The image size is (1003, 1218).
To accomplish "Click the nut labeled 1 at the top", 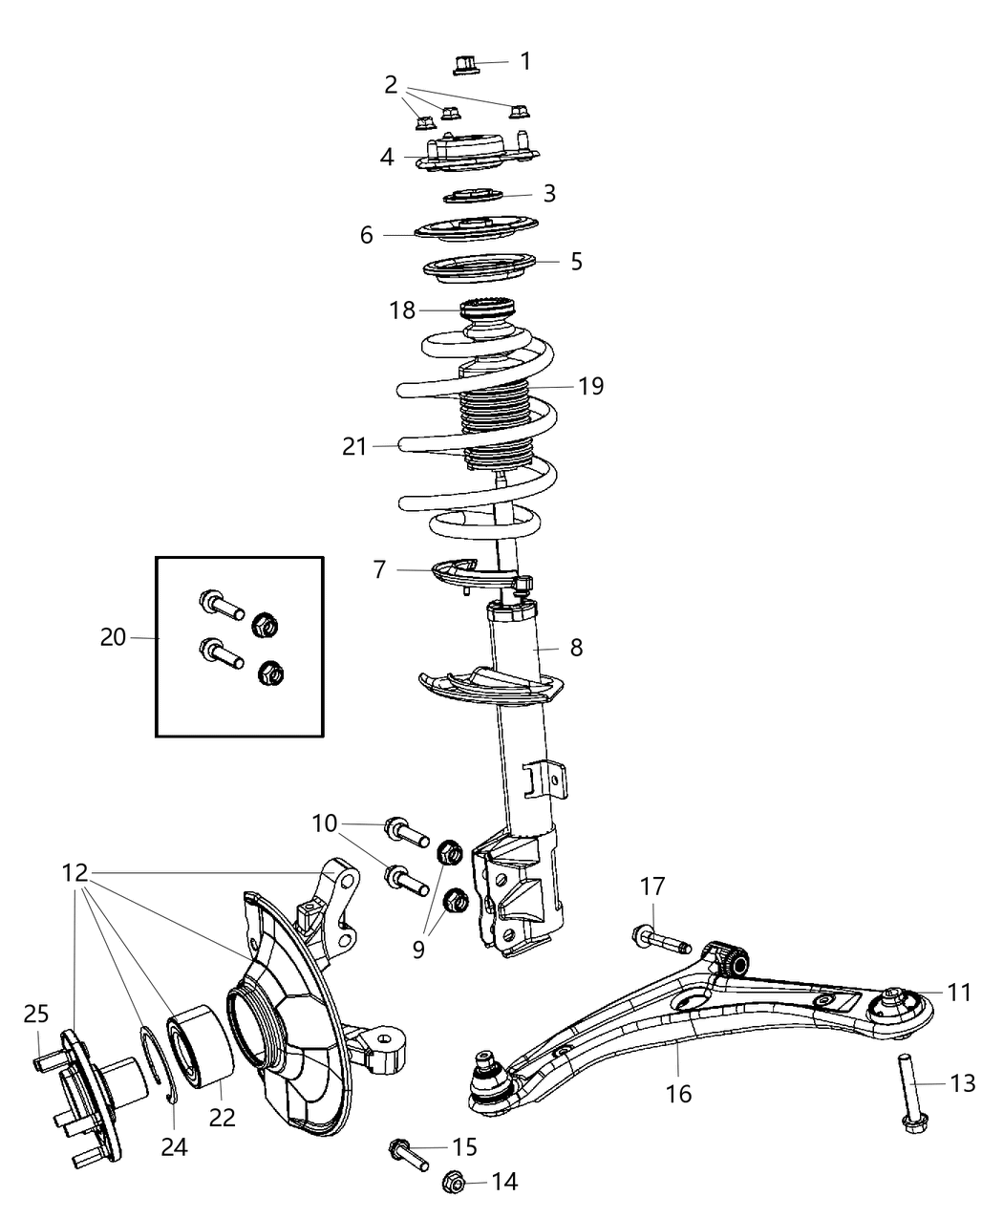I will coord(465,65).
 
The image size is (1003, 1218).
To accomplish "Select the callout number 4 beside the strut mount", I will coord(387,157).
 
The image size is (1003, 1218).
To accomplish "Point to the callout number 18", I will coord(402,310).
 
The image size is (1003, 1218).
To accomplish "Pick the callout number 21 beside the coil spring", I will coord(354,446).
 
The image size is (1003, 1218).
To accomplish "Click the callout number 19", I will coord(591,386).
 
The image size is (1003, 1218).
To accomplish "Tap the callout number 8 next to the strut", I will coord(576,647).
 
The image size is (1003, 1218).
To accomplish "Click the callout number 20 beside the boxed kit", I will coord(113,636).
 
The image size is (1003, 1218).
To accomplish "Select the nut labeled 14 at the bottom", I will coord(455,1184).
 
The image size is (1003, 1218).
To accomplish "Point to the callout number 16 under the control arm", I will coord(678,1093).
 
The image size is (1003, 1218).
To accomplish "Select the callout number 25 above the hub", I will coord(35,1015).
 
